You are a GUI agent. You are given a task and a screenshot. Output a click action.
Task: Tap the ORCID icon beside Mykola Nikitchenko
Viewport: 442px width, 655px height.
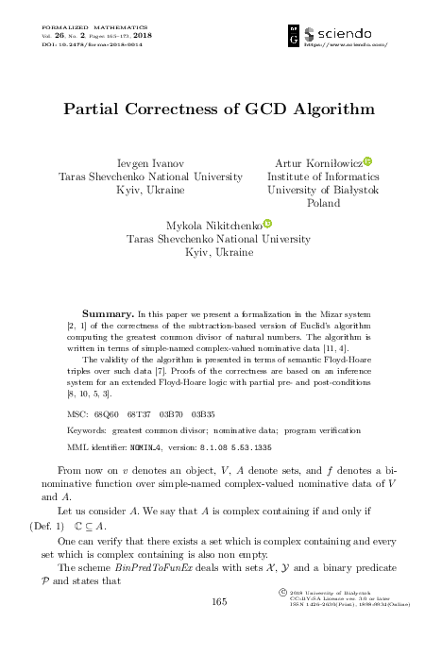tap(267, 224)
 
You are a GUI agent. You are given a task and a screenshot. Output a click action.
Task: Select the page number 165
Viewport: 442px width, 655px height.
tap(220, 628)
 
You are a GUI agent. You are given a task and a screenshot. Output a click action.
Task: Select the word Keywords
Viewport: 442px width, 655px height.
tap(89, 430)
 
